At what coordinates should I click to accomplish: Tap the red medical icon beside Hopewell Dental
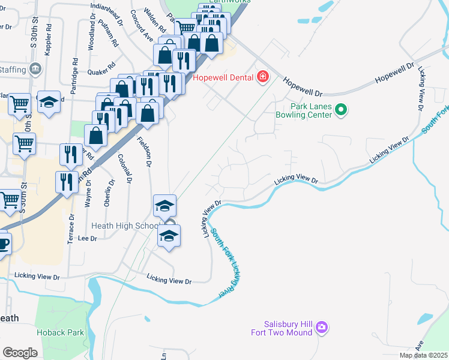coord(262,77)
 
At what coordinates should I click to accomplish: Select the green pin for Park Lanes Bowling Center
coord(341,109)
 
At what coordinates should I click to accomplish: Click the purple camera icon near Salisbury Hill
coord(322,328)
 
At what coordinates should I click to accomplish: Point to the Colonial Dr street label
coord(124,169)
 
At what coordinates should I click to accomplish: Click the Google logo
coord(20,352)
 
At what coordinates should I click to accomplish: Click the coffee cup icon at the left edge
coord(3,245)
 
